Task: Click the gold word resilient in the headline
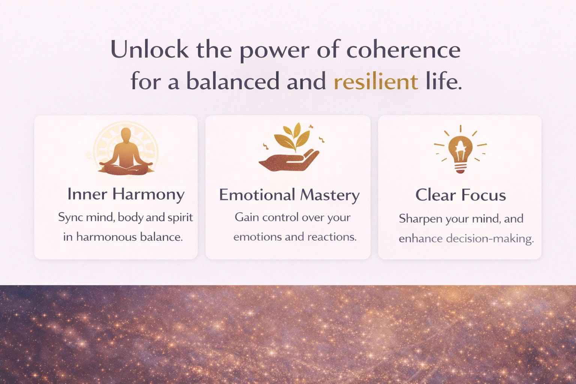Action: coord(376,82)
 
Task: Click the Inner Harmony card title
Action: coord(126,195)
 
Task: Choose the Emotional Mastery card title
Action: coord(289,195)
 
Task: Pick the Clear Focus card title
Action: coord(460,195)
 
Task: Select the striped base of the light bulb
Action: coord(460,168)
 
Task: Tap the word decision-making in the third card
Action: coord(490,238)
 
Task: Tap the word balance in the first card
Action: coord(161,237)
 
